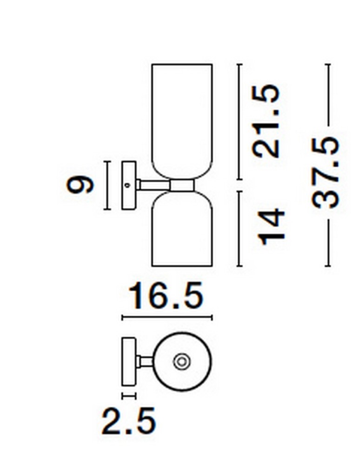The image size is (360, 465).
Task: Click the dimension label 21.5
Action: point(267,121)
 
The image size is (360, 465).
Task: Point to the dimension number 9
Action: point(80,185)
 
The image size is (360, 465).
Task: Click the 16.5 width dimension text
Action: point(166,296)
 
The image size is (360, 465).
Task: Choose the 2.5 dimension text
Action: point(129,421)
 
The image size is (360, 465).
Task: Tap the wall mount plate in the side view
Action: point(128,185)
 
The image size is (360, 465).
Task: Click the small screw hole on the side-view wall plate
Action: point(127,185)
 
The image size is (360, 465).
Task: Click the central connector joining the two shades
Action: point(182,185)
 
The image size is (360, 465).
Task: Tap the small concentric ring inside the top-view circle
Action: point(181,361)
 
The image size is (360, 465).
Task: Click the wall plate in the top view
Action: point(128,361)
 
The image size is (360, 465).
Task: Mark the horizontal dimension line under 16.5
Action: point(167,318)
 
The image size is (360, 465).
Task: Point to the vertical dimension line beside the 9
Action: point(107,185)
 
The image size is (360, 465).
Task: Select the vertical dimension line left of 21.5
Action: point(240,121)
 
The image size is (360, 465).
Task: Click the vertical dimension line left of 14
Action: point(240,228)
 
